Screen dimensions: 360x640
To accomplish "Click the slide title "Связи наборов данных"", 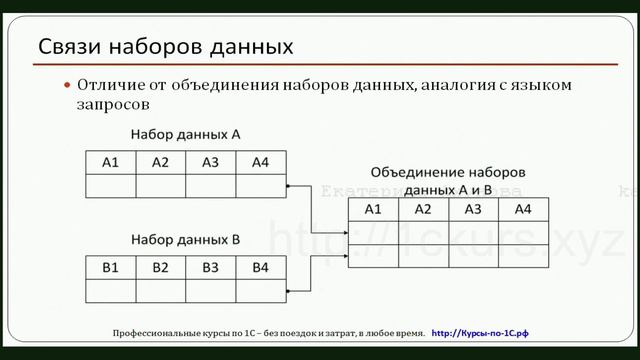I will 165,47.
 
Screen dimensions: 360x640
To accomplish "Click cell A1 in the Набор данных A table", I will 110,162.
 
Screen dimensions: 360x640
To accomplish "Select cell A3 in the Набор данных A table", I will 210,162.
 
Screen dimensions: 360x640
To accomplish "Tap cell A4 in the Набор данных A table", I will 260,162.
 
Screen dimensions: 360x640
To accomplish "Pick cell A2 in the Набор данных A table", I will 160,162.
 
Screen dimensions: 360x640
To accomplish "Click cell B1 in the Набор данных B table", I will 110,267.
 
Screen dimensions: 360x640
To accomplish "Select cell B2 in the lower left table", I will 160,267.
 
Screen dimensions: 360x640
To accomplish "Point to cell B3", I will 210,267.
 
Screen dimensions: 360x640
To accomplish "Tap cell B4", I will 260,267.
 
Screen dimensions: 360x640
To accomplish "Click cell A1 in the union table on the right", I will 373,209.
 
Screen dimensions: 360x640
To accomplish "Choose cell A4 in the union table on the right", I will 523,209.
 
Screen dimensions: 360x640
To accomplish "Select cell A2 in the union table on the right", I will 423,209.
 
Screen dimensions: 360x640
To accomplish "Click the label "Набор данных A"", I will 185,134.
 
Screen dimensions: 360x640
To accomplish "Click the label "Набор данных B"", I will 185,240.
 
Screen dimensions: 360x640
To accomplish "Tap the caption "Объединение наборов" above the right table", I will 447,171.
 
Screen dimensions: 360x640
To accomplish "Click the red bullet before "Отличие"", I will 68,86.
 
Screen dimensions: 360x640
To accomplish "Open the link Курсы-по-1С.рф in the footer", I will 494,331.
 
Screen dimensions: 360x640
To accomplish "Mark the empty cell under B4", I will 260,290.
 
